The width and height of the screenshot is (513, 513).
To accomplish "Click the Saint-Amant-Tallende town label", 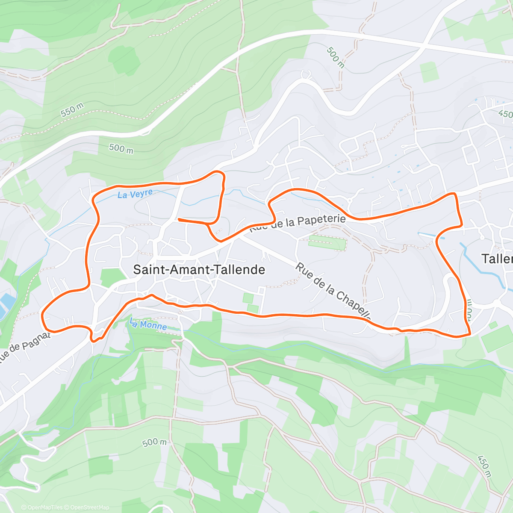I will click(199, 270).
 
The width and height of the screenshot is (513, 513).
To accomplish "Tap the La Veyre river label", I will click(135, 195).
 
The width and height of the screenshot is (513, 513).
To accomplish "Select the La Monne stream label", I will click(148, 325).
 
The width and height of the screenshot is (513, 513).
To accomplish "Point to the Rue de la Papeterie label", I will click(298, 223).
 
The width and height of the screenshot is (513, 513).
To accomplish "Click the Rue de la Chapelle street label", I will click(333, 292).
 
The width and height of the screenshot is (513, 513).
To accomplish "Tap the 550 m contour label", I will click(72, 110).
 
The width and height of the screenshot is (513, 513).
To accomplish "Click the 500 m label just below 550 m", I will click(121, 148).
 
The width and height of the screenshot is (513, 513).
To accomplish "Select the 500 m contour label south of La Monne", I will click(154, 442).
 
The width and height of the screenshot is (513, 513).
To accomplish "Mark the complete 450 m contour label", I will click(483, 463).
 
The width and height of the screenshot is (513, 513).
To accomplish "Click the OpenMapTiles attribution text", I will click(42, 507).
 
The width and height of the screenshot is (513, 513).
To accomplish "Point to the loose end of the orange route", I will click(179, 219).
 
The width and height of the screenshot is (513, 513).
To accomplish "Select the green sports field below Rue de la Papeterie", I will click(327, 243).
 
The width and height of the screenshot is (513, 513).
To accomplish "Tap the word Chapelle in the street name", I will click(354, 305).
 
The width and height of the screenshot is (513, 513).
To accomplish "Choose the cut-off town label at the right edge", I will click(497, 259).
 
